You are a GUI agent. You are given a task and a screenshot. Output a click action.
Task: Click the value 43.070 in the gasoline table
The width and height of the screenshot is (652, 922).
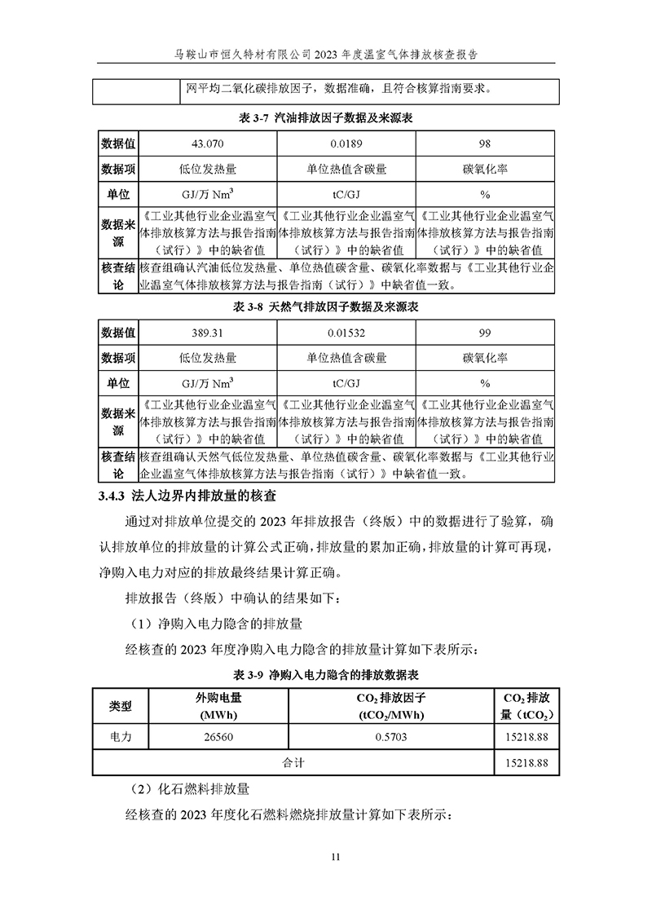point(207,143)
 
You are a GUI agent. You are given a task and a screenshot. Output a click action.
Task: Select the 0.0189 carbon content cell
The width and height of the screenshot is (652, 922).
point(346,143)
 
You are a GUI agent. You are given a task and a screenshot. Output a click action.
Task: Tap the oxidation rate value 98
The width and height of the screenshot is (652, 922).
point(485,143)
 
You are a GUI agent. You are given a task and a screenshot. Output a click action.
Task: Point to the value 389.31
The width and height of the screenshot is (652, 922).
point(207,333)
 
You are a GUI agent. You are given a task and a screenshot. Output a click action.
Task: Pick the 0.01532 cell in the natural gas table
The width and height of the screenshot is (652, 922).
point(346,333)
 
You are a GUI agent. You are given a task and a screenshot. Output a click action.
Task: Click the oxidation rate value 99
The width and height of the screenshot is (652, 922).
point(485,333)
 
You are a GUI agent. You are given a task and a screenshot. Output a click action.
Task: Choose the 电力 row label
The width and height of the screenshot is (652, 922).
point(121,737)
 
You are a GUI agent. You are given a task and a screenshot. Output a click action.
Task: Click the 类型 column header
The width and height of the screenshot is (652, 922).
point(121,706)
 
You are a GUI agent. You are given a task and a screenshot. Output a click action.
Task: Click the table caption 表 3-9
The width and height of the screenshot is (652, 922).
point(325,675)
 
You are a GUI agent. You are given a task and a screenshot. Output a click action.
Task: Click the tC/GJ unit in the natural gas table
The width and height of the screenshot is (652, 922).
point(346,382)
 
